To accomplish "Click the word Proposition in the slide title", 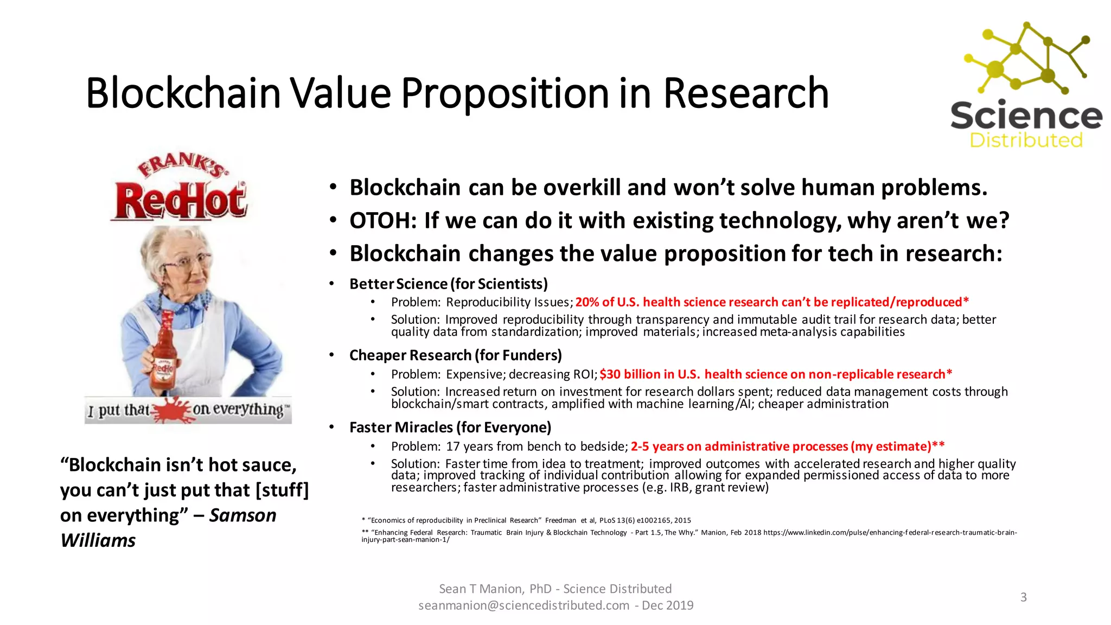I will point(505,93).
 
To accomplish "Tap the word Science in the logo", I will point(1026,116).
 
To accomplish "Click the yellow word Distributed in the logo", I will point(1026,141).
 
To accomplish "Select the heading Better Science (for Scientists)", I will point(448,284).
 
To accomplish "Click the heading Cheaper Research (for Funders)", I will point(455,355).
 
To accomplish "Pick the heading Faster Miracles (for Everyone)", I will point(450,428).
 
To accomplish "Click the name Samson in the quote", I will point(242,515).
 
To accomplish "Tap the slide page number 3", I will point(1023,597).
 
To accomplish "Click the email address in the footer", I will point(523,605).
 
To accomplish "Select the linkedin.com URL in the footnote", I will point(890,533).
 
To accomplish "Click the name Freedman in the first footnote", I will point(560,520).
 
